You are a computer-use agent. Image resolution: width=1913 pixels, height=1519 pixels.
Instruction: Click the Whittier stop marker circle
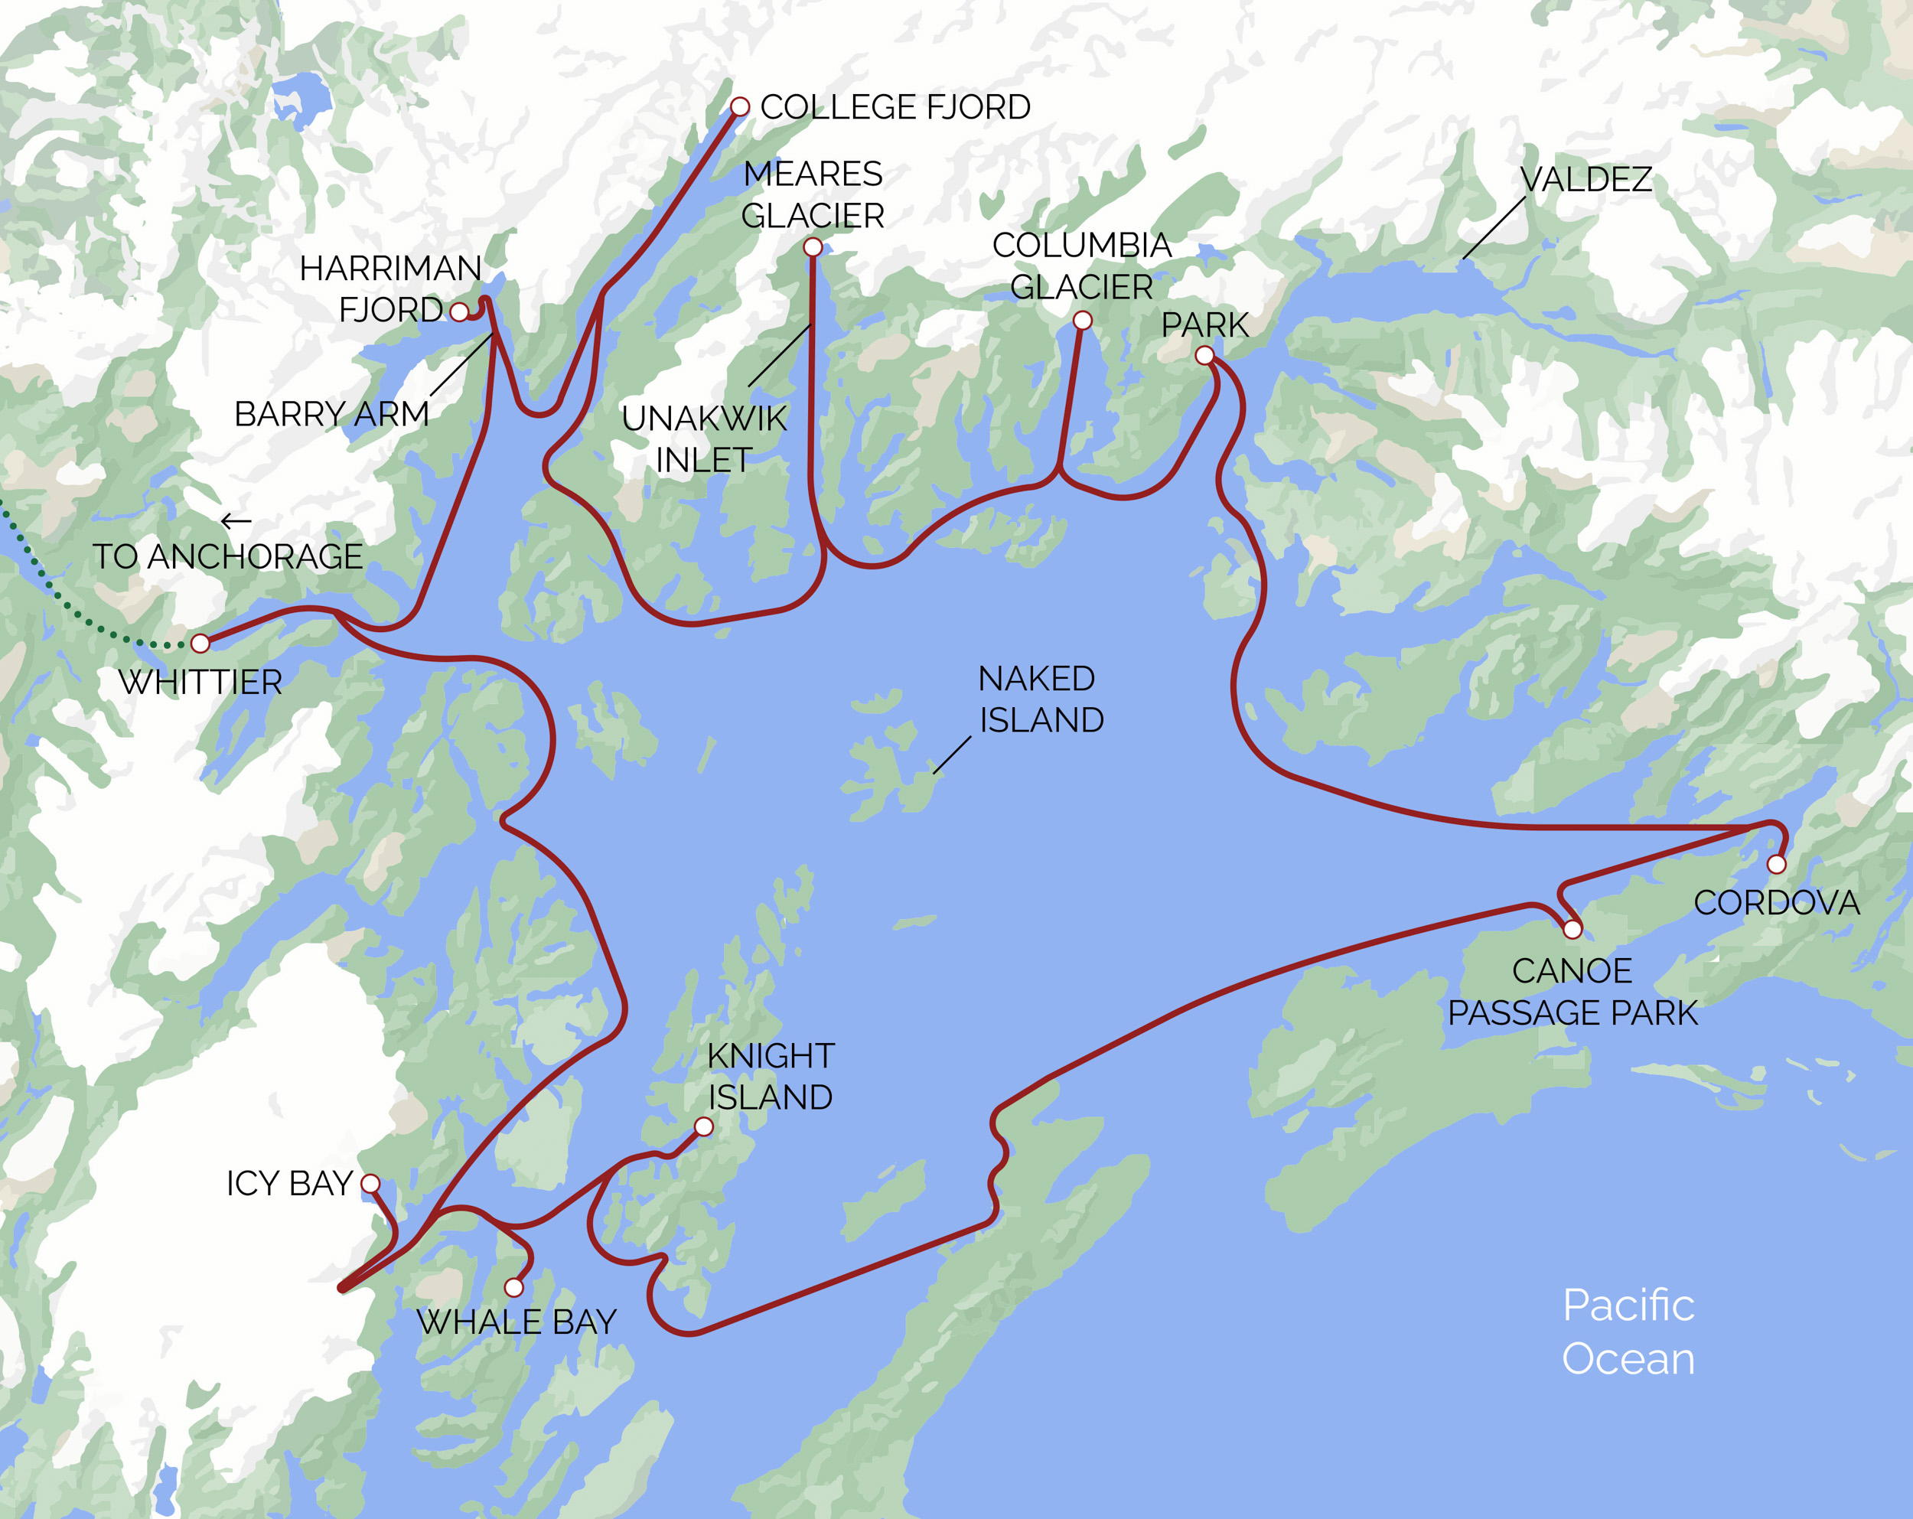200,644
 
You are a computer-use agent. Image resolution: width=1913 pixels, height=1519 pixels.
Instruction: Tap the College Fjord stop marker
739,107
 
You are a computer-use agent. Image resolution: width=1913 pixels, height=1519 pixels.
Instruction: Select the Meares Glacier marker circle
813,247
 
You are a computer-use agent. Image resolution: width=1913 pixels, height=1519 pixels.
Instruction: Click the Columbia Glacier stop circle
1083,321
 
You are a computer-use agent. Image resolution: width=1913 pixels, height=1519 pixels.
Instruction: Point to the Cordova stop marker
1776,864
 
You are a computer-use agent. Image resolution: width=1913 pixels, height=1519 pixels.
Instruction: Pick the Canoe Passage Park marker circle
1572,930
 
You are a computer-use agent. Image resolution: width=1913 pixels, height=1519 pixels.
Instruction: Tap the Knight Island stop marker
704,1127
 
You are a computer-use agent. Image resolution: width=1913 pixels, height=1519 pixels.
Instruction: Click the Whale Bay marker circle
513,1287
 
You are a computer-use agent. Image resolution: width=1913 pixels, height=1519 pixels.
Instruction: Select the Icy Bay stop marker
371,1184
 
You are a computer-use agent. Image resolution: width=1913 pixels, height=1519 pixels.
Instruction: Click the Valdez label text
1585,180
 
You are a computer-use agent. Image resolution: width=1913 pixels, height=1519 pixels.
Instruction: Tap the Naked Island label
1040,699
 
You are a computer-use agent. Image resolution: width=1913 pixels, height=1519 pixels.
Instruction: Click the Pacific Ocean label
1628,1332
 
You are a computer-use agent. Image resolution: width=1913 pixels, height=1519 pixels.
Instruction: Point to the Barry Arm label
331,414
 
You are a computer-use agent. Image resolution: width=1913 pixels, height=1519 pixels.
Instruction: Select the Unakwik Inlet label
704,439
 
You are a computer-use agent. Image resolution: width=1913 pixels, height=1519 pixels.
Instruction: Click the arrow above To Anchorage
235,521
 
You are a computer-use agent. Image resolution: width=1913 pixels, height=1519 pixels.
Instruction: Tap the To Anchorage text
228,557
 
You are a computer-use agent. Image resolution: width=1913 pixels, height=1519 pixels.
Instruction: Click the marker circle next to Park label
1204,356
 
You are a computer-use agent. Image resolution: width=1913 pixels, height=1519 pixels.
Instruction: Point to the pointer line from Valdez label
1494,228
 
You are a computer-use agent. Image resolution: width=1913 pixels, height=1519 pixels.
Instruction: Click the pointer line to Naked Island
951,755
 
